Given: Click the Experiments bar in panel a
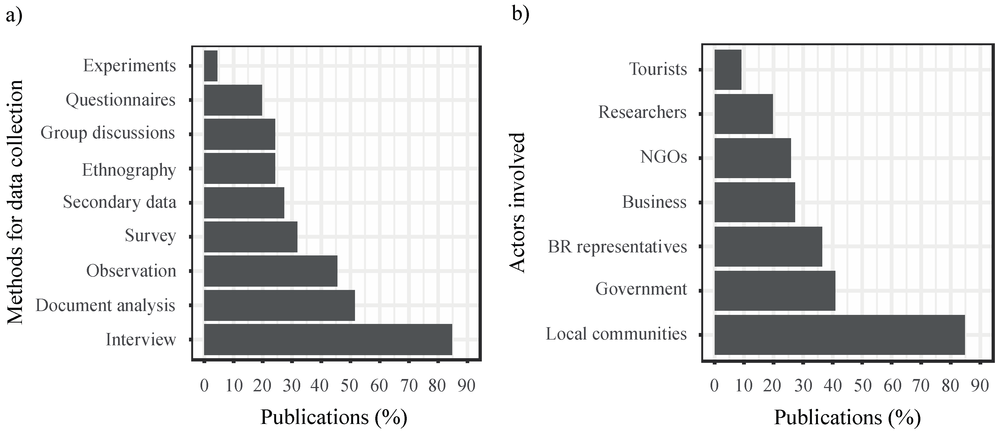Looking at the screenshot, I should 211,66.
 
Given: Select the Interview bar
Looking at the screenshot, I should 328,339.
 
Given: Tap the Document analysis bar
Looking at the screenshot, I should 279,305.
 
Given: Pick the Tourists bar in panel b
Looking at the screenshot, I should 728,70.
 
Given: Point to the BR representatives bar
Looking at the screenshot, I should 768,246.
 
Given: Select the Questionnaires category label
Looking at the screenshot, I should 121,100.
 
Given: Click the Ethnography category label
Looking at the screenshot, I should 129,170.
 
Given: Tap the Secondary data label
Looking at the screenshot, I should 119,202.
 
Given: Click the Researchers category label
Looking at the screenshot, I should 642,112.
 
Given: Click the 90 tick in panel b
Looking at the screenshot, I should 980,386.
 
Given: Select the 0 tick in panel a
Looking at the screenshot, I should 204,386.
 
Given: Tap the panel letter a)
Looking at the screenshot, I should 14,16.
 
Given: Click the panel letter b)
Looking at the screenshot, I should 520,15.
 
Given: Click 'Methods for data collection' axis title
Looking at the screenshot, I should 16,202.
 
